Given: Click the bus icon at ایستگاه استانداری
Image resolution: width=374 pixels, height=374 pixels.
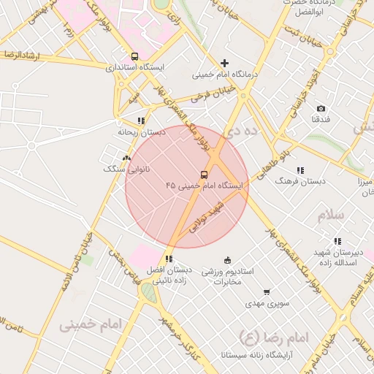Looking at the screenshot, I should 134,56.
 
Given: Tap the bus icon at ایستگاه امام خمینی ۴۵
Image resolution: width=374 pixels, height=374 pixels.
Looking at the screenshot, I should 204,175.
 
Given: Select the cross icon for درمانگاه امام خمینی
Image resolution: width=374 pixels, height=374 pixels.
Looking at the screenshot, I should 225,64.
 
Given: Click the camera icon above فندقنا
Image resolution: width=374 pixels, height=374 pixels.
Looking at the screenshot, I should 321,108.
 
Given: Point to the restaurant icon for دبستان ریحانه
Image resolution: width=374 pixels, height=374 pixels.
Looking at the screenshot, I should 140,121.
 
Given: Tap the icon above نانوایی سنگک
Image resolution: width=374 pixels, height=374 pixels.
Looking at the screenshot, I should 126,158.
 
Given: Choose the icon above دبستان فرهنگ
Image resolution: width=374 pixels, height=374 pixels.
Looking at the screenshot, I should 300,170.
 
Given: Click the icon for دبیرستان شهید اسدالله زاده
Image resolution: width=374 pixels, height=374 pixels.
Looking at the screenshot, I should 337,241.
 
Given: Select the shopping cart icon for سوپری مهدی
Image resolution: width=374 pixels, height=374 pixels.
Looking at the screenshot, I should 266,292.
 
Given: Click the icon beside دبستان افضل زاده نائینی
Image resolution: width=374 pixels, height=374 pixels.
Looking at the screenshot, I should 169,259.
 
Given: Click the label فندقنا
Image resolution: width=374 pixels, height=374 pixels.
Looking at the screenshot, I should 321,118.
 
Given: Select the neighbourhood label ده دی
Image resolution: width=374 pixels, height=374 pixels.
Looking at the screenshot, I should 243,131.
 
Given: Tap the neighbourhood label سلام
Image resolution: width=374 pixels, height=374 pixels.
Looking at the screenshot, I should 329,216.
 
